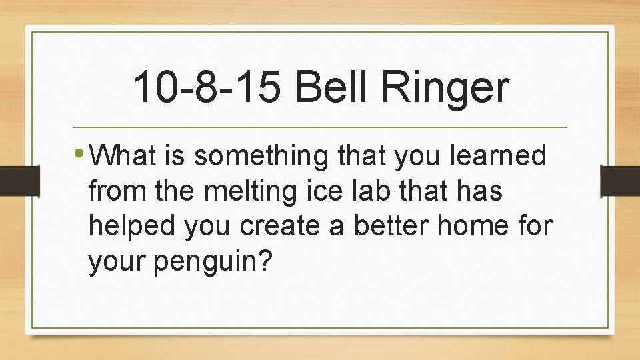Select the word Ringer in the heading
(x=443, y=89)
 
